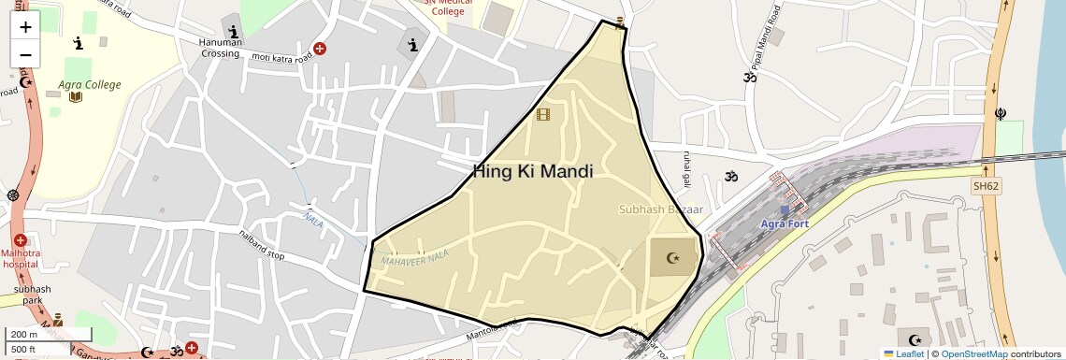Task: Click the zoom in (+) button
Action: (x=25, y=27)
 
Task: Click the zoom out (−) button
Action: (x=25, y=54)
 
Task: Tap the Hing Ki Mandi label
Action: (x=532, y=171)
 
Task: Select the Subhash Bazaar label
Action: (x=660, y=209)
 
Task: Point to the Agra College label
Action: (x=90, y=85)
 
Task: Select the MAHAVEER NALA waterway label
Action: (x=416, y=257)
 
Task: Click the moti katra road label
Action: (x=281, y=58)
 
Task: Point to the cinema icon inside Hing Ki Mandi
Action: (x=543, y=114)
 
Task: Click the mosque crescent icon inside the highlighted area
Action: (x=670, y=257)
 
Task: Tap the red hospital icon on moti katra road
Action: (x=320, y=48)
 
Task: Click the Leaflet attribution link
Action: (x=905, y=353)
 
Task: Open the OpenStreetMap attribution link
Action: (x=974, y=353)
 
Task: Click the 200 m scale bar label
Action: (x=24, y=335)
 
